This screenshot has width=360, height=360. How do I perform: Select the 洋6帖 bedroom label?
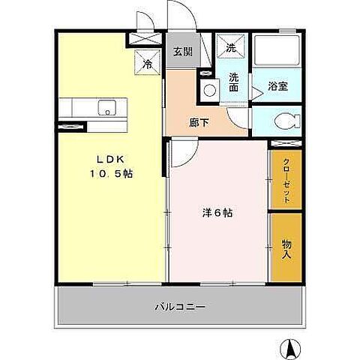pos(217,213)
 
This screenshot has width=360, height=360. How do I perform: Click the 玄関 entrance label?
pos(182,52)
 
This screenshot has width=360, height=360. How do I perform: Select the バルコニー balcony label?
pos(181,307)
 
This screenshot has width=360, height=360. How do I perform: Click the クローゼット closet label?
pos(286,179)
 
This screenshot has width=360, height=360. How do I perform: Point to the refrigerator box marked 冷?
pos(148,63)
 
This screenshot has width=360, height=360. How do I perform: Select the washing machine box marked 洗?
pos(230,46)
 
